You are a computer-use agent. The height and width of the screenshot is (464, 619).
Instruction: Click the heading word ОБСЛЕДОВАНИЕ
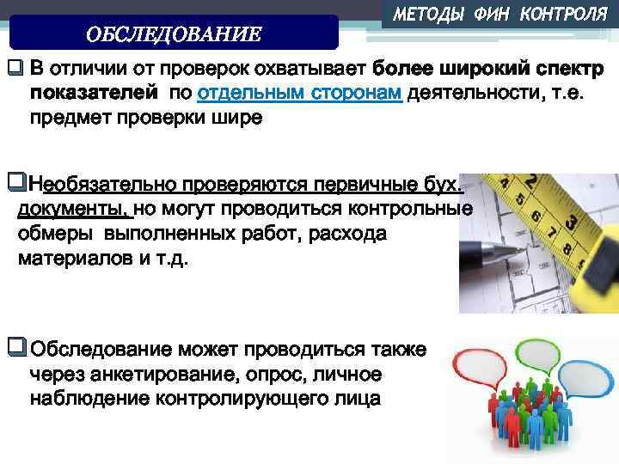(174, 34)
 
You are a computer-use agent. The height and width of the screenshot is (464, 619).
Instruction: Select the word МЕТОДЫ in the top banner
(427, 15)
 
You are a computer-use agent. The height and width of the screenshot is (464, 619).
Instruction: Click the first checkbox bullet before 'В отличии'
(15, 67)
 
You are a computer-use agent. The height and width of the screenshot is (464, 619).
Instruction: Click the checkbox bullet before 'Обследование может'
(15, 348)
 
